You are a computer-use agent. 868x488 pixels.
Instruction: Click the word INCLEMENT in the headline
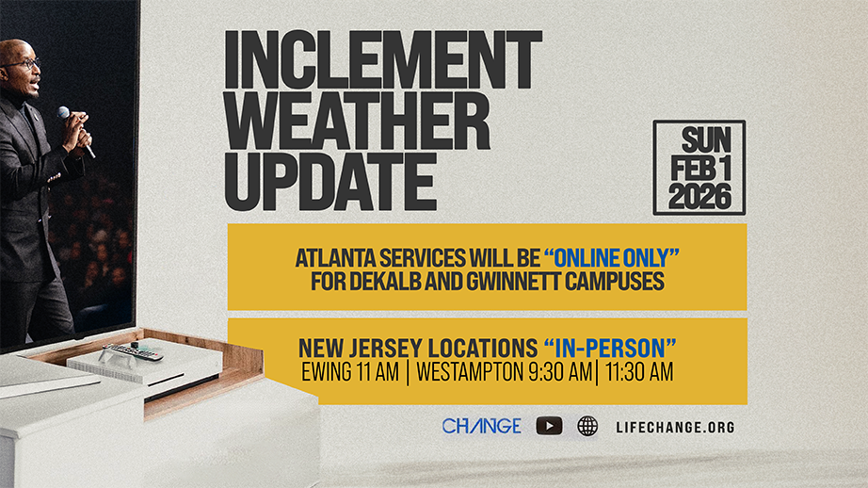[x=383, y=60]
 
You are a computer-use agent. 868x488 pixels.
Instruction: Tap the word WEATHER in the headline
[x=358, y=121]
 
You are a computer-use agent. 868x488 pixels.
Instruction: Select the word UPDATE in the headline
[x=330, y=181]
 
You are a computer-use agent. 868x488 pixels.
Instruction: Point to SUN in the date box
[x=706, y=139]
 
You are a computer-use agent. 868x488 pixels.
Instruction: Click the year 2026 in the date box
[x=699, y=197]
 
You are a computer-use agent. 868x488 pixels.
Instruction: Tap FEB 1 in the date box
[x=700, y=168]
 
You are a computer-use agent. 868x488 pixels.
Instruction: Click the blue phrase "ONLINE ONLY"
[x=611, y=258]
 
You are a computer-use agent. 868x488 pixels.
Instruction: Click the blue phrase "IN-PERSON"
[x=609, y=349]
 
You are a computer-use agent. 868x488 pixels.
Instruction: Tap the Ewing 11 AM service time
[x=350, y=372]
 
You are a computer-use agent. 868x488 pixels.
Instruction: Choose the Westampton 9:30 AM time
[x=505, y=372]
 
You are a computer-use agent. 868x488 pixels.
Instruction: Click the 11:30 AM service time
[x=639, y=372]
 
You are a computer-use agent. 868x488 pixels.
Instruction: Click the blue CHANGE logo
[x=481, y=426]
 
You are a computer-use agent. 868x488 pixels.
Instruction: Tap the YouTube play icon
[x=549, y=426]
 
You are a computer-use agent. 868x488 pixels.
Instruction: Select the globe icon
[x=587, y=426]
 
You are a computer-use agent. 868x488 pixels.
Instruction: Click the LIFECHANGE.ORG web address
[x=675, y=427]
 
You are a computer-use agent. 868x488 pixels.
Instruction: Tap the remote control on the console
[x=133, y=351]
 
